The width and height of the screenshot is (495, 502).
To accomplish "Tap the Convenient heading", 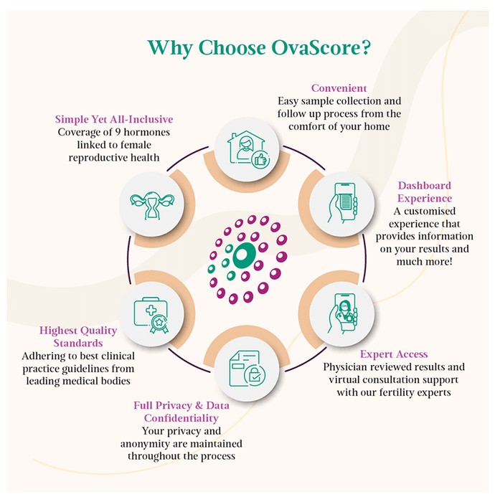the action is pyautogui.click(x=339, y=88).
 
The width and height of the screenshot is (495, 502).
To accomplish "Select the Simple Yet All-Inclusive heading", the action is pyautogui.click(x=114, y=119).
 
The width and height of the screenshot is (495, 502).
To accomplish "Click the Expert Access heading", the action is pyautogui.click(x=394, y=354).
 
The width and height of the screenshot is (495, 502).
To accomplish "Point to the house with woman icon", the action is pyautogui.click(x=247, y=149).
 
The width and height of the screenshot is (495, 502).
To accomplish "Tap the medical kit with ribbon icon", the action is pyautogui.click(x=151, y=315).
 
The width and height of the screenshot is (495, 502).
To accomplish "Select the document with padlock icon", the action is pyautogui.click(x=247, y=368).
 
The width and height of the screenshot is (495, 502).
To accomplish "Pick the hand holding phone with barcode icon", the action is pyautogui.click(x=342, y=203).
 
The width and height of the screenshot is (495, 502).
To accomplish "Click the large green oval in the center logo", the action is pyautogui.click(x=244, y=255).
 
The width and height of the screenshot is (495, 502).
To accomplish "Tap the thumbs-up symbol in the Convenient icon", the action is pyautogui.click(x=260, y=159).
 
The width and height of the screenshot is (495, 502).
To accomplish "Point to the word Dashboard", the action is pyautogui.click(x=425, y=185).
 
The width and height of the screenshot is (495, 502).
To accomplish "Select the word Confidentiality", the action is pyautogui.click(x=181, y=418).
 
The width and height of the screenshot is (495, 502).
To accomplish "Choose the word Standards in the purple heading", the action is pyautogui.click(x=78, y=343).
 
